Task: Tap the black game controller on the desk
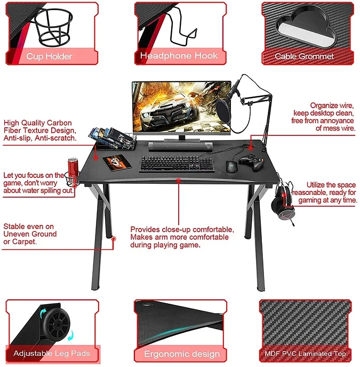pos(252,162)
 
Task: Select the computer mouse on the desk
pos(232,166)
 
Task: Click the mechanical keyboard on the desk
pos(177,164)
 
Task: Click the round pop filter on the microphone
pos(223,110)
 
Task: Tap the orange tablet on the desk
pos(117,162)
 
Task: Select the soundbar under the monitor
pos(181,146)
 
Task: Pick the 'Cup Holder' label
pos(49,56)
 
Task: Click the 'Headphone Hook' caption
pos(179,56)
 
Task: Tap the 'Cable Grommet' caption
pos(304,56)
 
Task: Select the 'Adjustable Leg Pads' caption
pos(52,353)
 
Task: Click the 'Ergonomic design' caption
pos(182,354)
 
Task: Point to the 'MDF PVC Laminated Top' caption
pos(305,354)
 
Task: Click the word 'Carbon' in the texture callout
pos(59,123)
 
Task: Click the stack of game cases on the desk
pos(113,138)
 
